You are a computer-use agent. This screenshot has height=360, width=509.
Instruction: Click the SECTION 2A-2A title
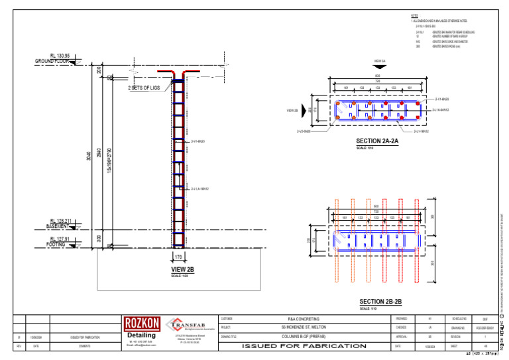click(x=376, y=141)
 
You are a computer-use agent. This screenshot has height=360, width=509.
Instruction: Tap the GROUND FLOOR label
click(x=52, y=62)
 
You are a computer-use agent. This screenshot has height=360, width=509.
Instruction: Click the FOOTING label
click(x=56, y=244)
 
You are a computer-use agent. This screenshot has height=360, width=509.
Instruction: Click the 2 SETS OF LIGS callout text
click(x=144, y=88)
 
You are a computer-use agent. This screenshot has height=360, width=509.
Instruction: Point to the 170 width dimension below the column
click(x=178, y=256)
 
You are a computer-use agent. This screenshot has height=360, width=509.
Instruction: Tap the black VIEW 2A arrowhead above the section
click(x=379, y=67)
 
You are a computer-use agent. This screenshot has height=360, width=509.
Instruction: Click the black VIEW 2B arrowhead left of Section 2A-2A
click(x=309, y=110)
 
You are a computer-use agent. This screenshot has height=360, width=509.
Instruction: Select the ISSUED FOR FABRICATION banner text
click(x=304, y=346)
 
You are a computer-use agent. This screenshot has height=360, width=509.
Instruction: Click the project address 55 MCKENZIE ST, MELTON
click(x=304, y=328)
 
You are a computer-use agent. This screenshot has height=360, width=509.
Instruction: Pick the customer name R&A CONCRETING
click(x=304, y=319)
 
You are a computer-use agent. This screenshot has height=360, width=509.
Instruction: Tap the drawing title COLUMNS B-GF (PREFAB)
click(x=304, y=336)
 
